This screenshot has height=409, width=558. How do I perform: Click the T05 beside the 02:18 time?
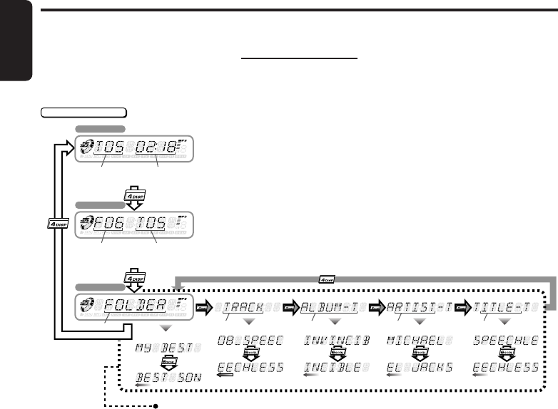tap(109, 149)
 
